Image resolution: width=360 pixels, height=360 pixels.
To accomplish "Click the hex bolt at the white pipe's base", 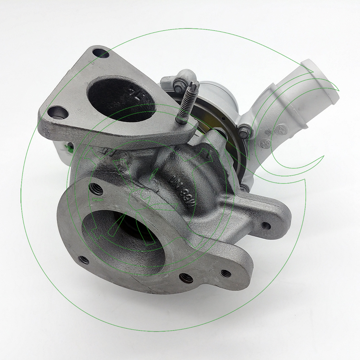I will click(x=244, y=132).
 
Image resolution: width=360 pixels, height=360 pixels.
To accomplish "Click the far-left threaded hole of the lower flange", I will click(x=84, y=259).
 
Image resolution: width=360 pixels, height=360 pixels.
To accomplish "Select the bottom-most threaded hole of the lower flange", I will click(x=186, y=277).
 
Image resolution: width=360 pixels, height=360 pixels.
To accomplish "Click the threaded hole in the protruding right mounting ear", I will click(x=265, y=226).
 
